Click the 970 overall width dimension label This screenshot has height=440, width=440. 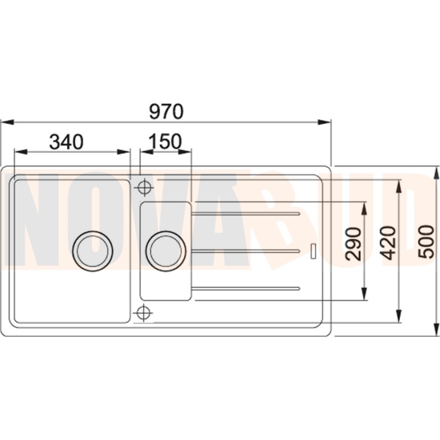pyautogui.click(x=166, y=111)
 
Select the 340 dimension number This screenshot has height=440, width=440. pyautogui.click(x=66, y=142)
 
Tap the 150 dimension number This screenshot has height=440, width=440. pyautogui.click(x=165, y=141)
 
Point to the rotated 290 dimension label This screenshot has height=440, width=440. pyautogui.click(x=354, y=244)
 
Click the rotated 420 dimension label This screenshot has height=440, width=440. pyautogui.click(x=389, y=243)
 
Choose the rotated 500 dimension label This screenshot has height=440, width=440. pyautogui.click(x=426, y=242)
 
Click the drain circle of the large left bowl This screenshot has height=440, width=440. pyautogui.click(x=93, y=251)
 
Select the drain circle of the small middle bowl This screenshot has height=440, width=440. pyautogui.click(x=165, y=251)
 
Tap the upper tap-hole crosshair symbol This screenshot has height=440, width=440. pyautogui.click(x=144, y=187)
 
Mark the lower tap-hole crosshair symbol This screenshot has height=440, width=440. pyautogui.click(x=144, y=312)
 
